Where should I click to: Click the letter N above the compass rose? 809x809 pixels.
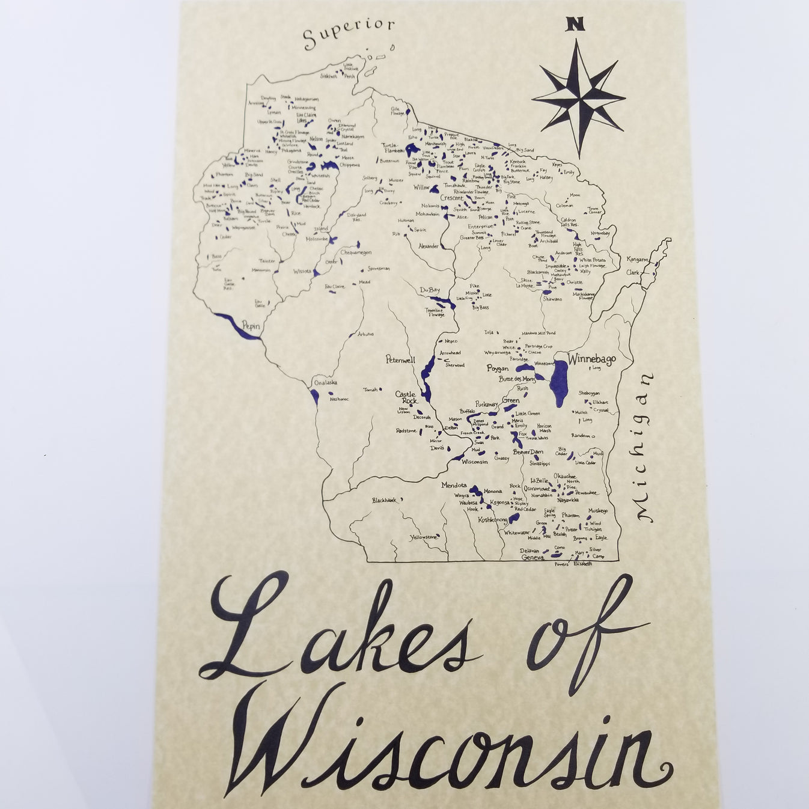(575, 24)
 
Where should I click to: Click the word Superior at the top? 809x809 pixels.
(349, 34)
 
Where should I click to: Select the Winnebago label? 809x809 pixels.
(591, 359)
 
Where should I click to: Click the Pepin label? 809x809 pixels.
(251, 325)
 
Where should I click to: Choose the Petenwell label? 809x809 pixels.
(400, 361)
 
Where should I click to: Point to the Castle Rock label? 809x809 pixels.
(406, 398)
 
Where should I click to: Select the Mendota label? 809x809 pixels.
(454, 484)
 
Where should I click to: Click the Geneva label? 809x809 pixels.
(533, 557)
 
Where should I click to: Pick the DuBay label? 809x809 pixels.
(430, 290)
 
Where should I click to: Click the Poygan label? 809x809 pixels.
(497, 368)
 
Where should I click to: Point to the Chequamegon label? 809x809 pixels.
(356, 252)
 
